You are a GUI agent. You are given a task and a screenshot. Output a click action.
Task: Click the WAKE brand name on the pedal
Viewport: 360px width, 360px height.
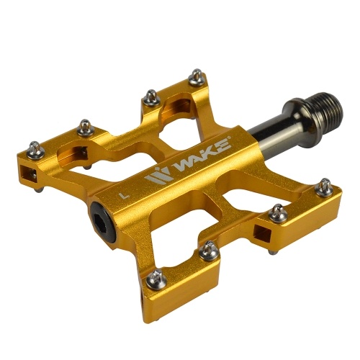[x=203, y=156]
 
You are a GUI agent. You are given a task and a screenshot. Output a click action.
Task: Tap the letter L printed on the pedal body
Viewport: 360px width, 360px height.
[x=125, y=195]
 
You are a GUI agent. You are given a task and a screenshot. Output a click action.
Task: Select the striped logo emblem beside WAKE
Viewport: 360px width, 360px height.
[x=159, y=175]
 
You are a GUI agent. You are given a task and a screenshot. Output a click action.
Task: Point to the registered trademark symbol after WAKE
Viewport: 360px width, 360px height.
[x=230, y=138]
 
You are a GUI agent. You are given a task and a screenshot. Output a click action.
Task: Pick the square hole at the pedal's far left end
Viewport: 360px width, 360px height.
[x=29, y=173]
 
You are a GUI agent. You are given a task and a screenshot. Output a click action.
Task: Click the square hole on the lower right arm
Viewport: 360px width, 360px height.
[x=263, y=233]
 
